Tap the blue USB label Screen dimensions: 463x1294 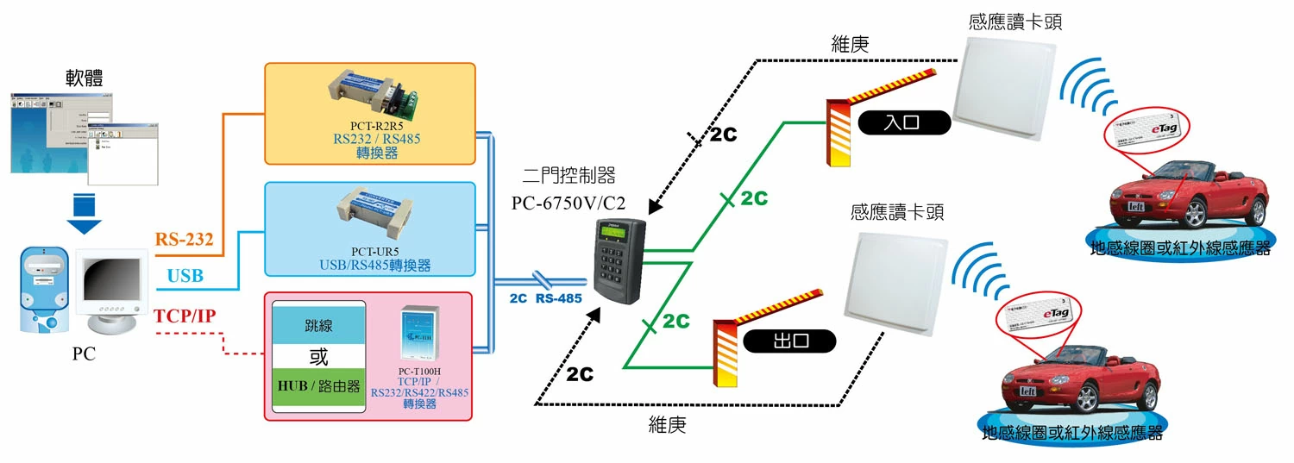[185, 276]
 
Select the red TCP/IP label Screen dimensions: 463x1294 [184, 316]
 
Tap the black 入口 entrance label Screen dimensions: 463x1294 [903, 123]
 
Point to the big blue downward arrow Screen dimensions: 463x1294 [84, 215]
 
